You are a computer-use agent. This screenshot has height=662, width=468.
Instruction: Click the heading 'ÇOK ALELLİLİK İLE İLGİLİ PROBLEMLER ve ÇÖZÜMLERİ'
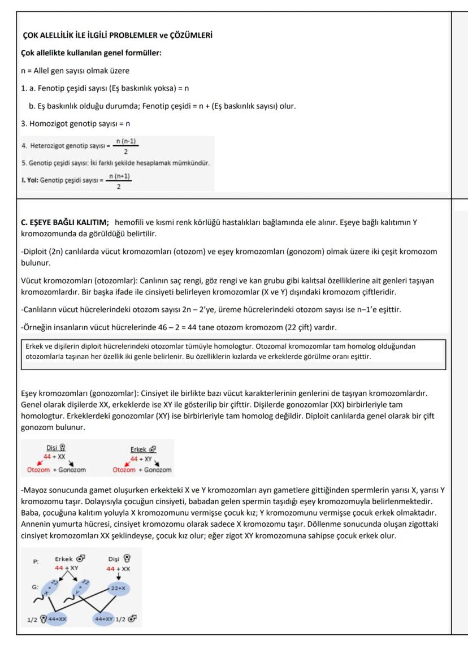[x=116, y=36]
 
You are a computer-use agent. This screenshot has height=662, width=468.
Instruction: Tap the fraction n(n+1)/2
[x=119, y=181]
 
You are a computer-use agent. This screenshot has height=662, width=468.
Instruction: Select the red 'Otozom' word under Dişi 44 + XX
[x=38, y=470]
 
